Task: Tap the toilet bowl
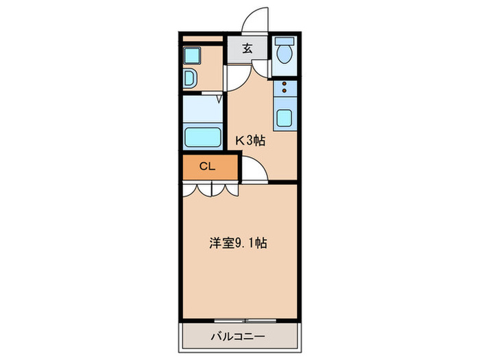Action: click(x=284, y=53)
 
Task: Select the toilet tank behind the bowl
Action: click(x=284, y=40)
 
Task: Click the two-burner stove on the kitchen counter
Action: click(x=285, y=88)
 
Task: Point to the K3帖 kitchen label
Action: click(x=250, y=141)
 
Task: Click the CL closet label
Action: click(x=208, y=166)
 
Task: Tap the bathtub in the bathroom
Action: click(x=202, y=136)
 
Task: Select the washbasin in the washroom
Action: click(x=190, y=77)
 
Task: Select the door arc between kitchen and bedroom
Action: click(x=254, y=171)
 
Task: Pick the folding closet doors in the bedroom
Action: click(x=210, y=189)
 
